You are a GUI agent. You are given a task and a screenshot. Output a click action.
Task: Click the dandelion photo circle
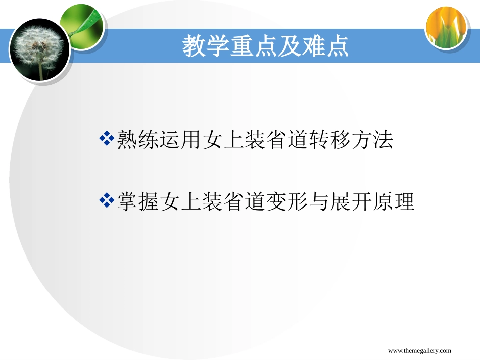(39, 50)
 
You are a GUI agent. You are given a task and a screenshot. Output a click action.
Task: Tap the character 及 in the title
(286, 46)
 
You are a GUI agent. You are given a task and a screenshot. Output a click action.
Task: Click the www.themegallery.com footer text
(419, 351)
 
